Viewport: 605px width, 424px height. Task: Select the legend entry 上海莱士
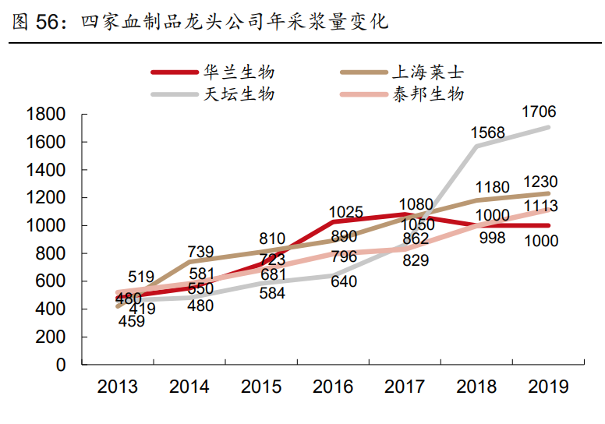(x=426, y=72)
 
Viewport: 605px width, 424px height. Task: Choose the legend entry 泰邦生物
(x=426, y=94)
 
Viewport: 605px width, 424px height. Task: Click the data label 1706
(x=539, y=112)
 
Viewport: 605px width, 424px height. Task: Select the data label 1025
(x=346, y=212)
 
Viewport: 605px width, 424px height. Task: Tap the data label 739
(x=200, y=251)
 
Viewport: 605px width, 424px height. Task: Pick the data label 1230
(x=540, y=182)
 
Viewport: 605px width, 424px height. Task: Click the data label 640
(x=343, y=281)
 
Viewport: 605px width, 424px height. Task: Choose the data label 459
(x=131, y=320)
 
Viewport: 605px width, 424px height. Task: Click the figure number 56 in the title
(x=48, y=23)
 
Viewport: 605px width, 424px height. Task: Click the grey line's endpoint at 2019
(x=548, y=127)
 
